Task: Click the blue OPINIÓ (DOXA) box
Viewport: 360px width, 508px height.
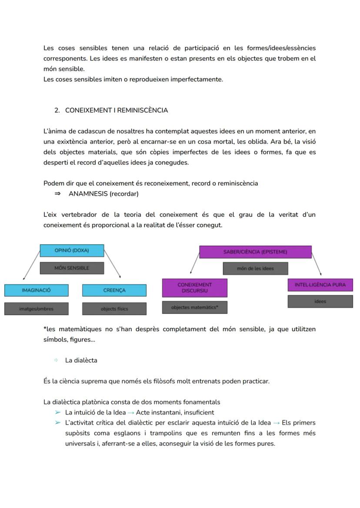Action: (72, 250)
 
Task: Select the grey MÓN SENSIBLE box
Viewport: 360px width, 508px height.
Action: (72, 268)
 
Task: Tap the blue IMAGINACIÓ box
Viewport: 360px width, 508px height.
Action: (36, 290)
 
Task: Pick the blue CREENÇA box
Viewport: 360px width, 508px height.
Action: (114, 290)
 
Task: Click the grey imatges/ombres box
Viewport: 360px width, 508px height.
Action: (36, 309)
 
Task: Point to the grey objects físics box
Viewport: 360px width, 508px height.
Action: (114, 309)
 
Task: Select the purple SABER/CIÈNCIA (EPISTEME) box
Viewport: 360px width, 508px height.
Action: (255, 252)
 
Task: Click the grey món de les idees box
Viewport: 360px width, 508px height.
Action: (255, 269)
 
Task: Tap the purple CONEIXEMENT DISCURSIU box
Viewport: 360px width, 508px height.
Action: (194, 288)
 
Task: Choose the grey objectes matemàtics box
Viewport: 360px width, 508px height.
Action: (194, 307)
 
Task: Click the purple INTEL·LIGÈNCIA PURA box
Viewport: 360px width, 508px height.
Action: (320, 285)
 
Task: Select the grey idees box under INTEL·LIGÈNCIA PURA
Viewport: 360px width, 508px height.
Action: (320, 302)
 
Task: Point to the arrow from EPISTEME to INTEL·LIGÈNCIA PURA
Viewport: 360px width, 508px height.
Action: (317, 263)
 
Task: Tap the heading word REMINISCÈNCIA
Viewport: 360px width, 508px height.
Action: (143, 110)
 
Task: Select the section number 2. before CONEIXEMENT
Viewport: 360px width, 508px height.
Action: (57, 110)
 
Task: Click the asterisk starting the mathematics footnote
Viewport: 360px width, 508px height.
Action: (45, 329)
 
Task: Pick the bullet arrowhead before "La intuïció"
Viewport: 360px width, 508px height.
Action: (57, 412)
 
